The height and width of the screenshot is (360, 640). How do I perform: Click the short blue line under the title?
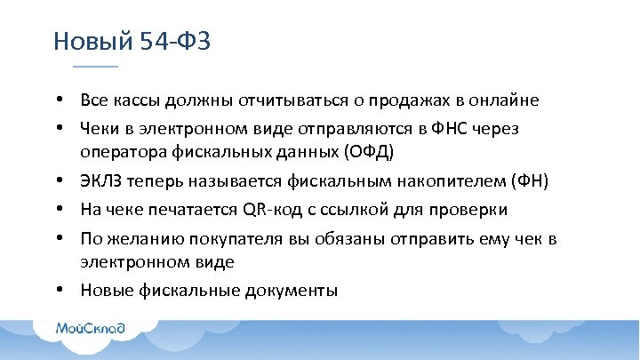click(94, 67)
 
